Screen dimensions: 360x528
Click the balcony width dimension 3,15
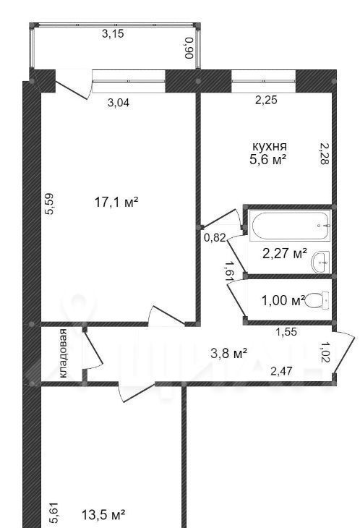pyautogui.click(x=113, y=34)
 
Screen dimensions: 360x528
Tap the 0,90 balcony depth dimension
pyautogui.click(x=189, y=48)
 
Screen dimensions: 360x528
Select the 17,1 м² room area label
pyautogui.click(x=116, y=202)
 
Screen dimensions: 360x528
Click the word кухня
pyautogui.click(x=270, y=147)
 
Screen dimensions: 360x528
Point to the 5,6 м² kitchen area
pyautogui.click(x=267, y=159)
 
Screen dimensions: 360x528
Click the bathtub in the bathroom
pyautogui.click(x=291, y=225)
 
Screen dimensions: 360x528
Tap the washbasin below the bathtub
pyautogui.click(x=321, y=262)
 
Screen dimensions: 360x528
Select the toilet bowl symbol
pyautogui.click(x=317, y=300)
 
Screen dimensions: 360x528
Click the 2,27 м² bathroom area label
pyautogui.click(x=285, y=253)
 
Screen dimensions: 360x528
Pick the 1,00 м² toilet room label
pyautogui.click(x=283, y=300)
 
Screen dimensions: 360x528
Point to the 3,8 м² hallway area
pyautogui.click(x=228, y=353)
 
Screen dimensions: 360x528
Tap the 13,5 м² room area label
pyautogui.click(x=103, y=514)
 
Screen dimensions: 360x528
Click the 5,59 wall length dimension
pyautogui.click(x=49, y=204)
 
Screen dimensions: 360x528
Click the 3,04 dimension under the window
pyautogui.click(x=119, y=103)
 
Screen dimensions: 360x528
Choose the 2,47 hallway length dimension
pyautogui.click(x=282, y=371)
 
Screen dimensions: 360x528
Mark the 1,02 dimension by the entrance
pyautogui.click(x=325, y=352)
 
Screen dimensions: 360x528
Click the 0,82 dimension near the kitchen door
pyautogui.click(x=215, y=238)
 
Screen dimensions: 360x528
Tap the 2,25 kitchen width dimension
pyautogui.click(x=266, y=100)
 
